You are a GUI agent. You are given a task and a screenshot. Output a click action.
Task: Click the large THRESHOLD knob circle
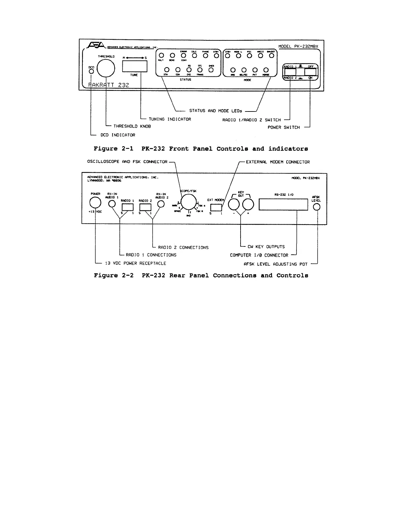click(x=106, y=68)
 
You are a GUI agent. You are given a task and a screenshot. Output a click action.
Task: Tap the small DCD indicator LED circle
click(x=91, y=71)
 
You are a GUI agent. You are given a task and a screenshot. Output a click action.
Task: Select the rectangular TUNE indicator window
click(x=135, y=66)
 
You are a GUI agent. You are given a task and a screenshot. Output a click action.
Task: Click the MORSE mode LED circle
click(x=266, y=70)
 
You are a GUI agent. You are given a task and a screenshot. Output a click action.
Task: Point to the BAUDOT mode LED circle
click(x=272, y=56)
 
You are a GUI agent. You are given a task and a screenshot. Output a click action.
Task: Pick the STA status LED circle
click(x=166, y=70)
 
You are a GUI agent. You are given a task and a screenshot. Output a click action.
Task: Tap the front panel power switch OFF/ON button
click(x=310, y=72)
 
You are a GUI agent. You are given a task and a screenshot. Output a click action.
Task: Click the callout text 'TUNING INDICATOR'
click(x=170, y=119)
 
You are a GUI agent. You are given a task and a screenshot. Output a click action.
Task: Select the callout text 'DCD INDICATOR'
click(x=118, y=135)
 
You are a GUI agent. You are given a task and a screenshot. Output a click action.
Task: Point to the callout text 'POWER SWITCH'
click(x=284, y=127)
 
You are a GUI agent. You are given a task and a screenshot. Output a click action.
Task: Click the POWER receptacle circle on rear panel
click(x=95, y=203)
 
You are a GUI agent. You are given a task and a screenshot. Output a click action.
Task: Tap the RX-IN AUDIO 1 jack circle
click(x=112, y=204)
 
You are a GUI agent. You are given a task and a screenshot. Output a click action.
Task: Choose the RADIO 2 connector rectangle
click(x=145, y=207)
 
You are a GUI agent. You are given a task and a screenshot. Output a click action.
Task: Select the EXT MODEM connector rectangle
click(x=216, y=207)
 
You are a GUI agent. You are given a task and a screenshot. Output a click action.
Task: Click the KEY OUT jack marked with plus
click(x=248, y=205)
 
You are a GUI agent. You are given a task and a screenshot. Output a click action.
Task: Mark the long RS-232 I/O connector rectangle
click(x=283, y=204)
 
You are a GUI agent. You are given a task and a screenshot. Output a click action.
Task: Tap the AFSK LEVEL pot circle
click(x=317, y=207)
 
